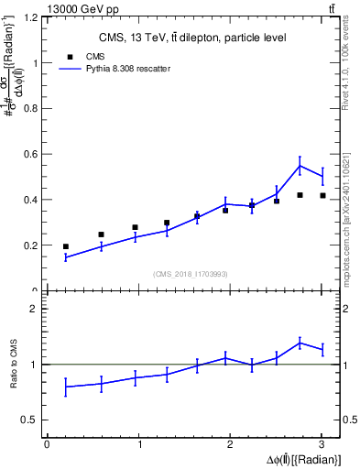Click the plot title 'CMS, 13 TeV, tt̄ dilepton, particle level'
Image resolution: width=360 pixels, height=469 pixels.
point(192,38)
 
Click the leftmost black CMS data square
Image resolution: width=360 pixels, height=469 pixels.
point(65,246)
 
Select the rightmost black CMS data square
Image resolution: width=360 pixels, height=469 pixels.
point(322,195)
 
